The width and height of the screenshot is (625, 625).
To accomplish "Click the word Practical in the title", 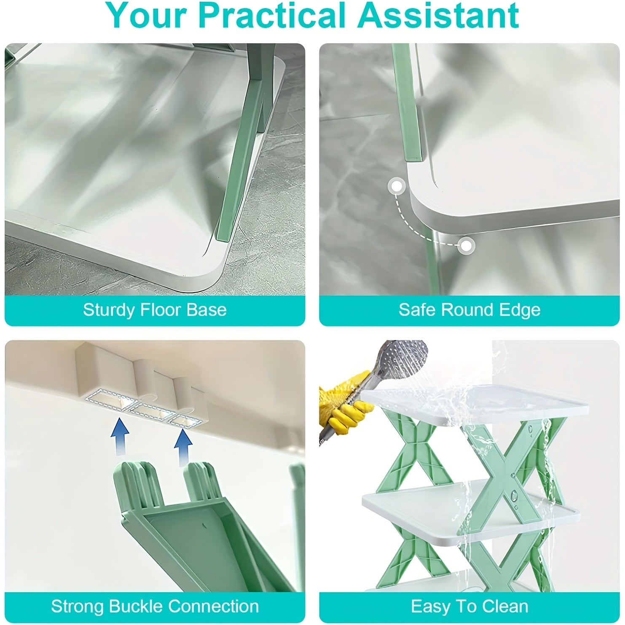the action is click(x=271, y=15).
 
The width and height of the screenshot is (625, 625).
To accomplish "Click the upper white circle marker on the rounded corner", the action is click(x=396, y=186).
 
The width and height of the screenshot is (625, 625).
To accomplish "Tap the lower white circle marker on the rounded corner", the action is click(x=466, y=245).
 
